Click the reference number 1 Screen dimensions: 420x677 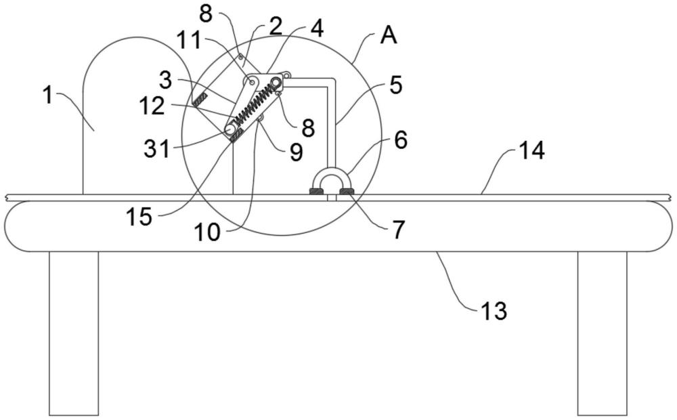pos(47,96)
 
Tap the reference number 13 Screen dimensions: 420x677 pos(494,311)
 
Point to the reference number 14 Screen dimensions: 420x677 pos(531,151)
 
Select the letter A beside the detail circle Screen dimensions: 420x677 pos(388,37)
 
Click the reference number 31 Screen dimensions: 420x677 pos(157,148)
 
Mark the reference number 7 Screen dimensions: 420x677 pos(397,230)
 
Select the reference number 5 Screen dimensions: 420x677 pos(395,85)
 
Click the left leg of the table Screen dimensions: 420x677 pos(73,333)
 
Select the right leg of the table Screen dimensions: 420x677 pos(602,333)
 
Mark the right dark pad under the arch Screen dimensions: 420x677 pos(346,192)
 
